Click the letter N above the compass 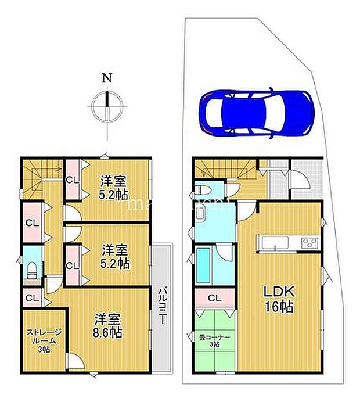(x=107, y=78)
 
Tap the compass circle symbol (x=107, y=106)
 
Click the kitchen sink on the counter (x=273, y=242)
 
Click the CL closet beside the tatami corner (x=214, y=299)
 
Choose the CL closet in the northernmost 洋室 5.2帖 (x=73, y=180)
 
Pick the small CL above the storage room (x=31, y=299)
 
